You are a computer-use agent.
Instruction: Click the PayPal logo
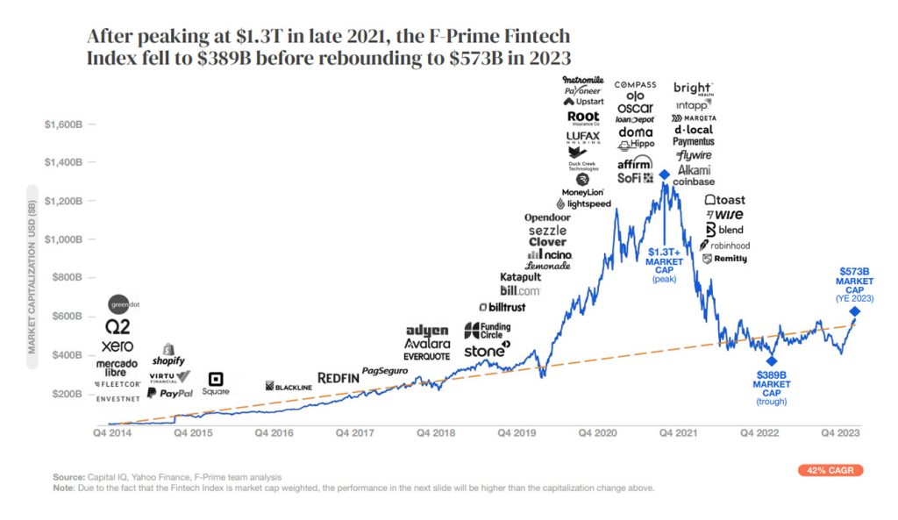[168, 394]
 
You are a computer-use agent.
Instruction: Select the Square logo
[215, 383]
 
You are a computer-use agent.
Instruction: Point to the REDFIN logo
[339, 377]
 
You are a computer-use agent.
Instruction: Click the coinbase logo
[694, 182]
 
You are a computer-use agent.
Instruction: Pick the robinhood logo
[725, 246]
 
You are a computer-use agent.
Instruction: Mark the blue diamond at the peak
[665, 175]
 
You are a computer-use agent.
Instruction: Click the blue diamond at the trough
[772, 360]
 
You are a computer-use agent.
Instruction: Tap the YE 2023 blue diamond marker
[854, 311]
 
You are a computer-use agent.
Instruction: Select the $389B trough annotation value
[773, 374]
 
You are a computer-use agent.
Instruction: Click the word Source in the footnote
[68, 476]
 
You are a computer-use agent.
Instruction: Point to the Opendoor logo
[547, 217]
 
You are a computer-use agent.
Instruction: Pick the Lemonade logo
[548, 266]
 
